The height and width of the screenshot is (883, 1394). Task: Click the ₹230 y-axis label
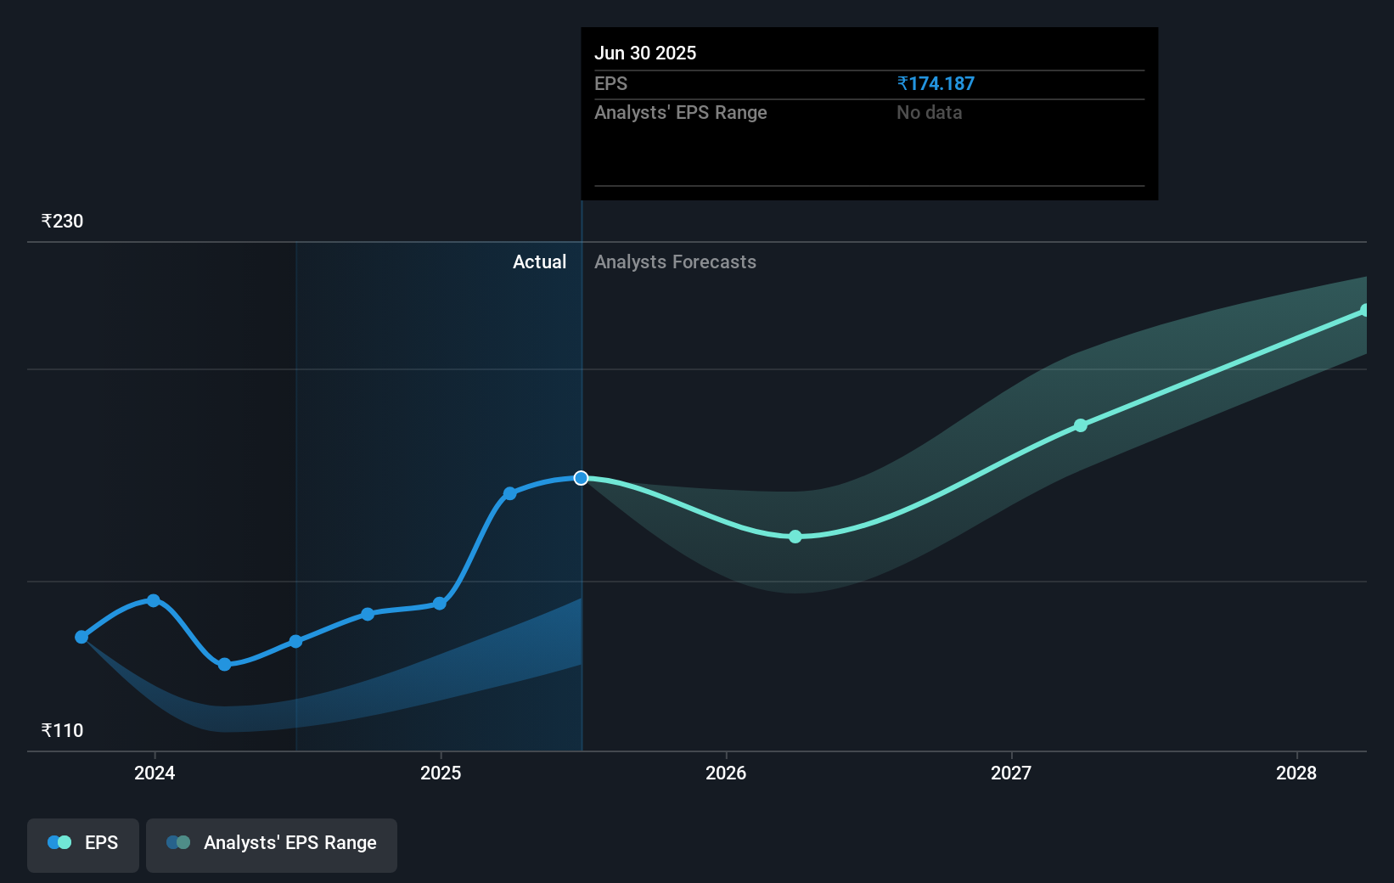click(62, 222)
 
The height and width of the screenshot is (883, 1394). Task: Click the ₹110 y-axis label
click(62, 731)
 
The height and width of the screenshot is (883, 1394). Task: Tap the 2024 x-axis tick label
click(155, 773)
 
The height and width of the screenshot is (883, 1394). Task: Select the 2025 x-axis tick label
click(441, 773)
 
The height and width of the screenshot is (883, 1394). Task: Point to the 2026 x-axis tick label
click(726, 773)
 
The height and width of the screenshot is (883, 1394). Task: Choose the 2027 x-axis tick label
click(1011, 773)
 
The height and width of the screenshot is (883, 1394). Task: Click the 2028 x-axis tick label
click(1296, 773)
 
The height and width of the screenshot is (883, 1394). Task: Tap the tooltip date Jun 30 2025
click(645, 53)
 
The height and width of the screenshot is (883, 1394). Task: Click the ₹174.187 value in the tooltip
click(936, 84)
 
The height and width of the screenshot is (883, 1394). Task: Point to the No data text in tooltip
click(929, 113)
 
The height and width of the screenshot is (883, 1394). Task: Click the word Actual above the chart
click(539, 262)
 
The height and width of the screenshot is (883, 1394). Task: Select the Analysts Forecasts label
click(675, 262)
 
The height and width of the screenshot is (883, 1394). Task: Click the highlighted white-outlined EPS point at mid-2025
click(581, 478)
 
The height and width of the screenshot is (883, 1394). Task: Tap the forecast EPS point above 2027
click(1080, 425)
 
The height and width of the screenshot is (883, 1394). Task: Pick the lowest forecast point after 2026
click(795, 537)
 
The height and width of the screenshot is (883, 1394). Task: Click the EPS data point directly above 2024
click(154, 600)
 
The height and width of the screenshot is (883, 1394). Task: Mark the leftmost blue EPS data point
click(82, 637)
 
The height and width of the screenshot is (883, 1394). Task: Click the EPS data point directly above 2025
click(440, 604)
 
